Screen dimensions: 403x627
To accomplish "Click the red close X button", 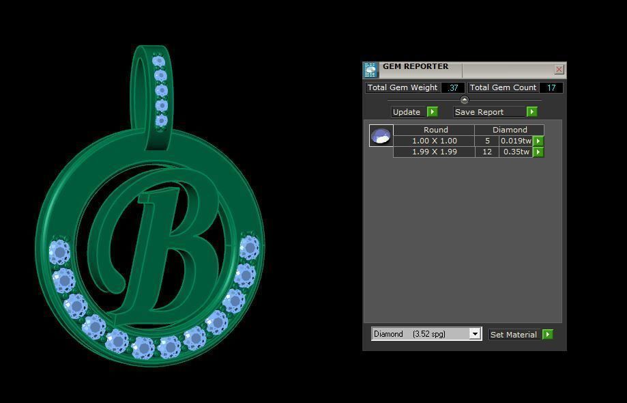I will pos(559,69).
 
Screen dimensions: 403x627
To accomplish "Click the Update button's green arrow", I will pos(432,112).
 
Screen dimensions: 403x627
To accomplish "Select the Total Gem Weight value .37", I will pos(453,87).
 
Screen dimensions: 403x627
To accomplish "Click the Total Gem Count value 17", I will pos(551,87).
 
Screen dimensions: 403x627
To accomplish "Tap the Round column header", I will pos(435,130).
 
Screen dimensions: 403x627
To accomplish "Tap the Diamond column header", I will pos(510,130).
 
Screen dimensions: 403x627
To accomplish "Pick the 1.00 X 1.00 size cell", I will pos(434,141).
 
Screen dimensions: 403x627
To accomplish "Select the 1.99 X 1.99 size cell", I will pos(434,152).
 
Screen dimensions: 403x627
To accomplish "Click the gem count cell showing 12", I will pos(487,152).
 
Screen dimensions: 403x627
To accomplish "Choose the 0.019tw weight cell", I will pos(515,141).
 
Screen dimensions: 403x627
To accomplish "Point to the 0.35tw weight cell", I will pos(515,152).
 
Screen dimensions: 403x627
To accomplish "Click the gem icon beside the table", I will pos(381,136).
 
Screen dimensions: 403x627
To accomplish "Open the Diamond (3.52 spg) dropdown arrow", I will pos(475,334).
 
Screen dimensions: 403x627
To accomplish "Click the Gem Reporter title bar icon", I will pos(371,70).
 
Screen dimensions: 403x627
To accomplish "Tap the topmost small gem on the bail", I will pos(160,60).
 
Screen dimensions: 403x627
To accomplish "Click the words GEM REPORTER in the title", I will pos(415,67).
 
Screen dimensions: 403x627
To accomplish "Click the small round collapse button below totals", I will pos(465,100).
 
